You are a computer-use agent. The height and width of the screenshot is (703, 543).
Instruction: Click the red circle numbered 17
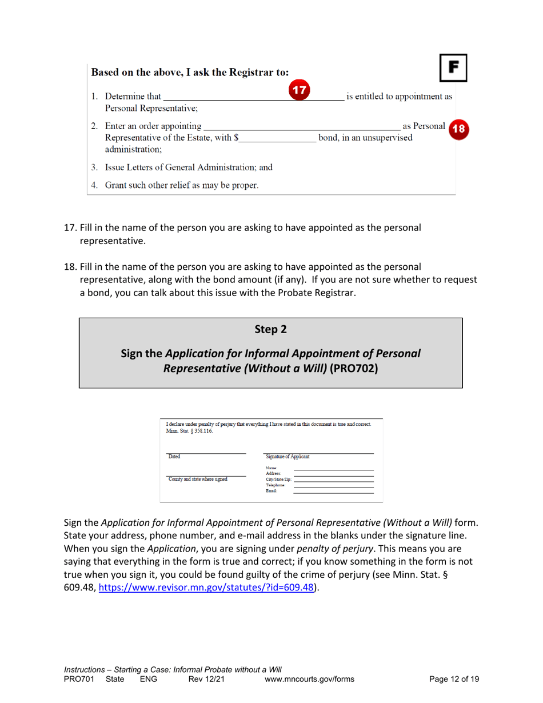click(x=300, y=91)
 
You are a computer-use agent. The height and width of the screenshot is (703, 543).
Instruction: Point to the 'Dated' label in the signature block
click(x=175, y=457)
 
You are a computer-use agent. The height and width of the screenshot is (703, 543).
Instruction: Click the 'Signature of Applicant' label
click(x=286, y=457)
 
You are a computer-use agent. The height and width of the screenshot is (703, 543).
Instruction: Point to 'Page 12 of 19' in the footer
click(x=454, y=679)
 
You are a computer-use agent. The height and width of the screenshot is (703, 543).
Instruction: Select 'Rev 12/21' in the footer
click(x=207, y=679)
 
